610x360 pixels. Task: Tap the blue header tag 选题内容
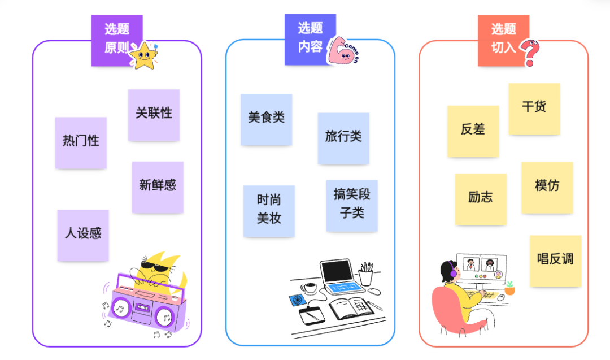[x=310, y=37]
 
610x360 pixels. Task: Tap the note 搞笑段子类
[x=352, y=205]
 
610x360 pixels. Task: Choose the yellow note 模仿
[x=547, y=187]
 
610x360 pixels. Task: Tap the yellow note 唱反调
[x=555, y=261]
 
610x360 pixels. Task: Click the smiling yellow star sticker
[x=143, y=55]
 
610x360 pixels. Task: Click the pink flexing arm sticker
[x=342, y=52]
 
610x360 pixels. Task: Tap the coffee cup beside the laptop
[x=308, y=288]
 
